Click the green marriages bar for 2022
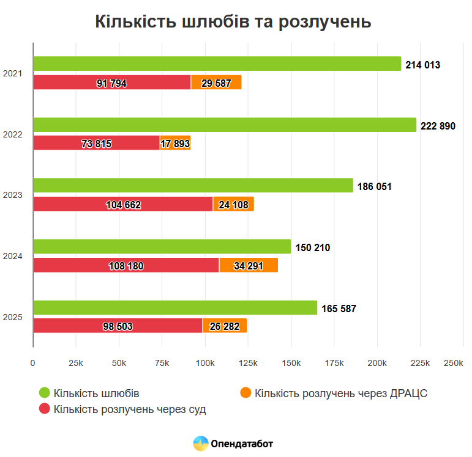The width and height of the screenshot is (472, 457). pos(224,125)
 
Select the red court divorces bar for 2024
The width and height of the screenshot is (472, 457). pos(125,265)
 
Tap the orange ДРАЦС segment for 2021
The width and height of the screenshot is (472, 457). pos(216,82)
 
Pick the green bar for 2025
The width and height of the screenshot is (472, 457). pos(174,308)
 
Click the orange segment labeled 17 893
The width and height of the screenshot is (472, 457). pos(175,144)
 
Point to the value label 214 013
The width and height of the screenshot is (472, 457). pos(422,65)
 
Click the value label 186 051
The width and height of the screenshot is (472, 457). pos(373,186)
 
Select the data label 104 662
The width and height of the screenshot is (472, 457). pos(123,205)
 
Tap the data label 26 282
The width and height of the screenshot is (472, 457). pos(224,326)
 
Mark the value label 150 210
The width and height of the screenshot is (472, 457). pos(312,247)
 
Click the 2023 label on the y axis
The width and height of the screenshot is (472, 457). pos(13,196)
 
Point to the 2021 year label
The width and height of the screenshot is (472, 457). pos(13,73)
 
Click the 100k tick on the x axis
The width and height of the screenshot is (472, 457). pos(205,364)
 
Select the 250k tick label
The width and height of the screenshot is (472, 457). pos(453,364)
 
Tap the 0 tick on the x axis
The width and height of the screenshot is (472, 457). pos(33,364)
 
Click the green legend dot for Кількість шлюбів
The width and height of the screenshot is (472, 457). pos(44,393)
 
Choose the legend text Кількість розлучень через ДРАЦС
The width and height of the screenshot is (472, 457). pos(340,393)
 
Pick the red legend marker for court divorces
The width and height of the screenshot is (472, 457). pos(44,409)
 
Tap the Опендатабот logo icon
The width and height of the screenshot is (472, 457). pos(200,444)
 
